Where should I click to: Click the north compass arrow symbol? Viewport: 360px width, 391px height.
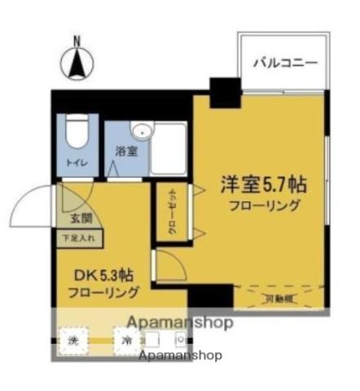78,61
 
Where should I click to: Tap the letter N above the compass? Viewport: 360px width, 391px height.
78,39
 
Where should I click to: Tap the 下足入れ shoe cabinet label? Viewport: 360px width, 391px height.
77,239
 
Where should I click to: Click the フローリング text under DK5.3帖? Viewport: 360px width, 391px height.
102,292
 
